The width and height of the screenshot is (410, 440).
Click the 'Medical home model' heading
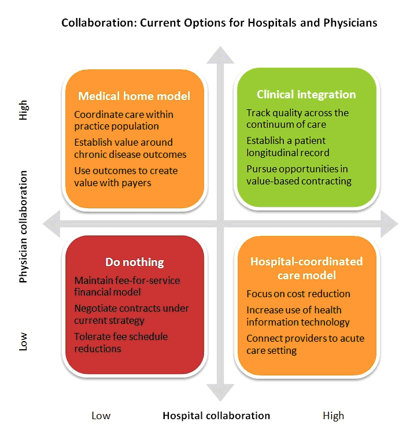[x=134, y=96]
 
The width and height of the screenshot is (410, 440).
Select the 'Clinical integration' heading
[x=306, y=95]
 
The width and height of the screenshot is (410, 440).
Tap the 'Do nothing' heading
[x=135, y=262]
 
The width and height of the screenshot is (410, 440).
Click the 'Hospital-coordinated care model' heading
[x=306, y=268]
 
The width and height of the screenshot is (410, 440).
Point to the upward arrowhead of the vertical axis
[x=220, y=56]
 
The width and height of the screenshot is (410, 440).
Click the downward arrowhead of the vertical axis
[x=220, y=393]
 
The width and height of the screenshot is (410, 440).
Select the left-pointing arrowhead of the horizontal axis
[x=51, y=224]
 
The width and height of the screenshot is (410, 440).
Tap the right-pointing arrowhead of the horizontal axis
[x=389, y=224]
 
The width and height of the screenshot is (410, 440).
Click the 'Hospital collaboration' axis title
[x=216, y=416]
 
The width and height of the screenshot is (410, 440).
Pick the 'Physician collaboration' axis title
[x=23, y=227]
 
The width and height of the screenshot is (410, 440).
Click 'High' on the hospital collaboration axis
[x=334, y=416]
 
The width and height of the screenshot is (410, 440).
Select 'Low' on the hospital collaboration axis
[x=101, y=416]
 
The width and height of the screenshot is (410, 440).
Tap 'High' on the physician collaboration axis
[x=23, y=110]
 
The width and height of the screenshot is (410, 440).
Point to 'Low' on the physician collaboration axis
[x=23, y=342]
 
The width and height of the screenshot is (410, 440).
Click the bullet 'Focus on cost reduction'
[x=298, y=294]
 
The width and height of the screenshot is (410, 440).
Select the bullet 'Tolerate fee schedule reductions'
[x=121, y=343]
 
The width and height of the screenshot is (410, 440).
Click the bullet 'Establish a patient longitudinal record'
[x=288, y=146]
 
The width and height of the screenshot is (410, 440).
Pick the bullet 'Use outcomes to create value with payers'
[x=126, y=177]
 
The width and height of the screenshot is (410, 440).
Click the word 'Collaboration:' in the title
[x=99, y=23]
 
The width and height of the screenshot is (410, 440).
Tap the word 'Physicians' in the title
[x=350, y=23]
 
